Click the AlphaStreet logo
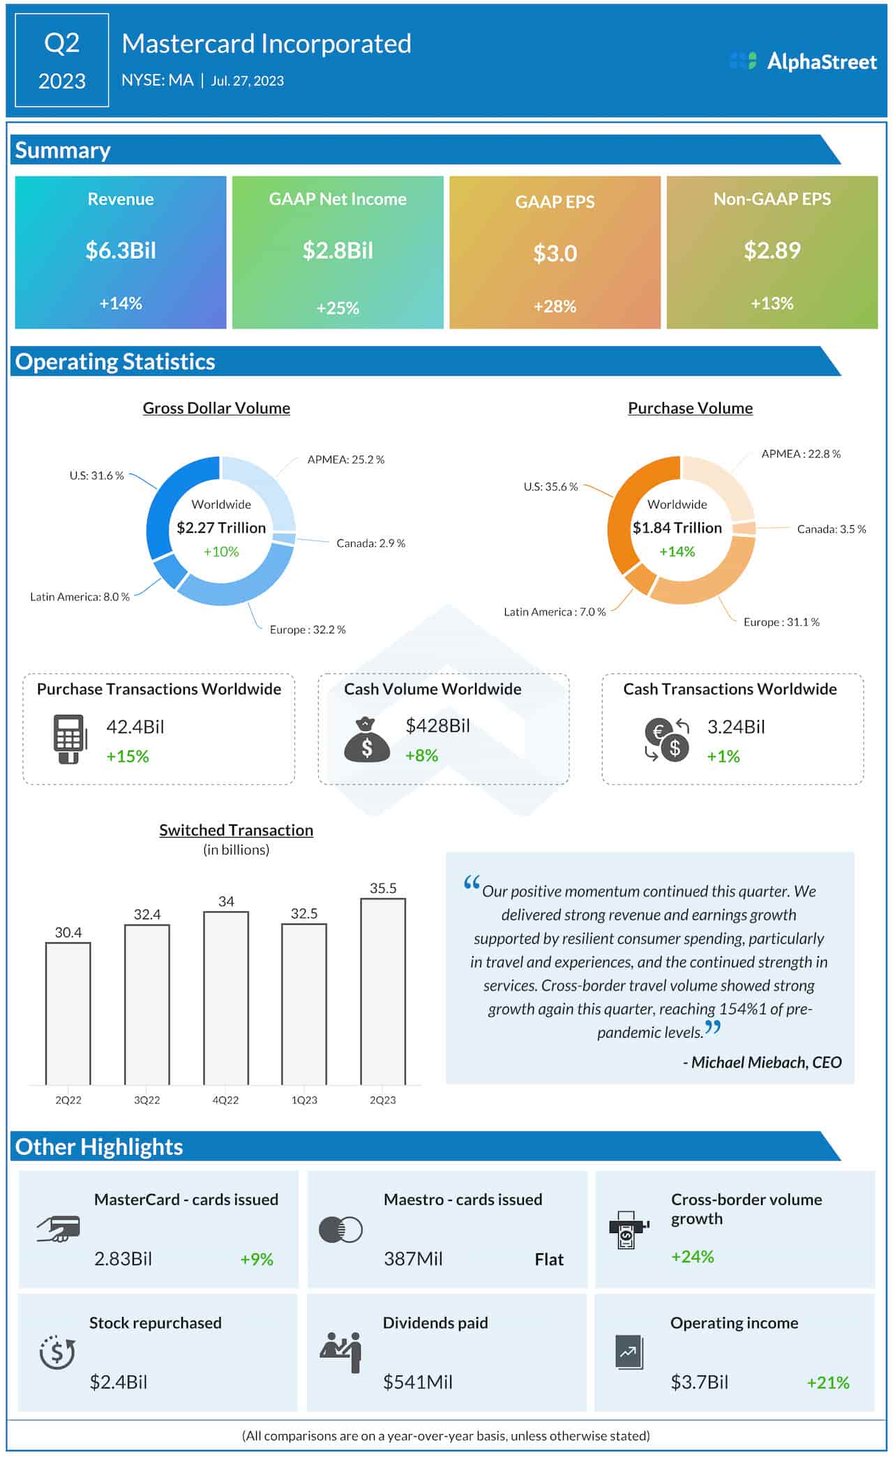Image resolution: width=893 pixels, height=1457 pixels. (802, 61)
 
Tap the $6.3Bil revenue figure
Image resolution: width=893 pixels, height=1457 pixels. (121, 250)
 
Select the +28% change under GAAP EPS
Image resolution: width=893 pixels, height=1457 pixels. (555, 306)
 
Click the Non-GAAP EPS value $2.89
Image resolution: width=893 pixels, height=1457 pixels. (772, 250)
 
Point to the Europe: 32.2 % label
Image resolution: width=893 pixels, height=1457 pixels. (308, 630)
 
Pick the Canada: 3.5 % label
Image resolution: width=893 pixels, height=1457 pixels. (831, 529)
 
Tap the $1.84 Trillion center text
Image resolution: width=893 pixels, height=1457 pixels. (677, 528)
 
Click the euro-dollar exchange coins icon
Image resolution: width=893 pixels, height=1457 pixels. (667, 739)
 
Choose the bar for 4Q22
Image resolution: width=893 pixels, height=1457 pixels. (226, 997)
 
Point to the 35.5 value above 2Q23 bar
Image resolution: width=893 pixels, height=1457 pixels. (383, 888)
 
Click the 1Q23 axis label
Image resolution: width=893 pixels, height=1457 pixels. (304, 1100)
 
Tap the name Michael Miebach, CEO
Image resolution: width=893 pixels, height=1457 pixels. (765, 1062)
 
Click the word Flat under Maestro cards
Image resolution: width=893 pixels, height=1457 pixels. (549, 1260)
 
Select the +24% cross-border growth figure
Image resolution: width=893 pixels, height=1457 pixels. (692, 1257)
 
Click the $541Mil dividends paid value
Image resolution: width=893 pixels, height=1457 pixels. (417, 1382)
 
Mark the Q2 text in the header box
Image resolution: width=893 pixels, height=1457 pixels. (61, 43)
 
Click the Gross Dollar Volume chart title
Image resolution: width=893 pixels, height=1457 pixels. (216, 408)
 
